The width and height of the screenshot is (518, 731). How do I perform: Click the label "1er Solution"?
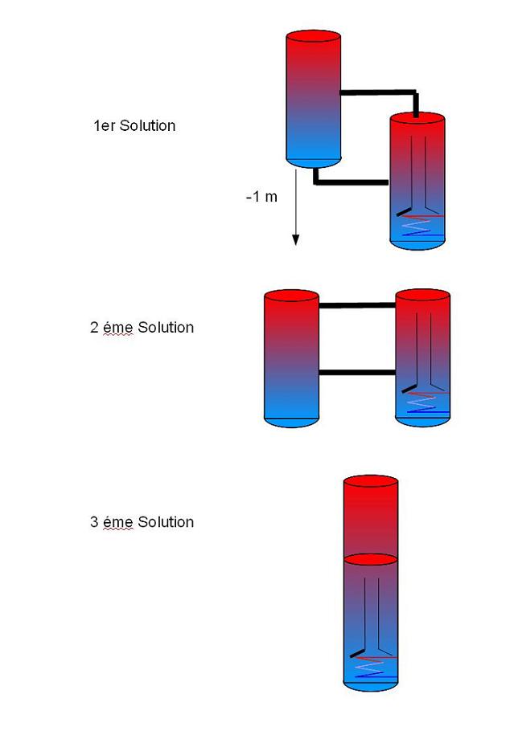point(134,126)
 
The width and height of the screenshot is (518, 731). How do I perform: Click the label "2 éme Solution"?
point(142,328)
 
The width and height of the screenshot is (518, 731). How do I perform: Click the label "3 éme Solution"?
point(142,522)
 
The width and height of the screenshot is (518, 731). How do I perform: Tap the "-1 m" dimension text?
point(261,197)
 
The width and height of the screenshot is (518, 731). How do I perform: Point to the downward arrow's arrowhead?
point(295,239)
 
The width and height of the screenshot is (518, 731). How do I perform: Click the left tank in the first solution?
point(314,100)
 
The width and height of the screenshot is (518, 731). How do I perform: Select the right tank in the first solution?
point(417,181)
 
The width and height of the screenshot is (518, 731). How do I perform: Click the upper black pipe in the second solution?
point(357,305)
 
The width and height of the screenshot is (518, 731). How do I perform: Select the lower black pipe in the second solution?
point(357,372)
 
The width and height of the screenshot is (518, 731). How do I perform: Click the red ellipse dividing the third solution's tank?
point(371,559)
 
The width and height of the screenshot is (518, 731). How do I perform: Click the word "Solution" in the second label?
point(166,328)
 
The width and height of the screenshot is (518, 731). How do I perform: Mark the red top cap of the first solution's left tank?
point(314,37)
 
